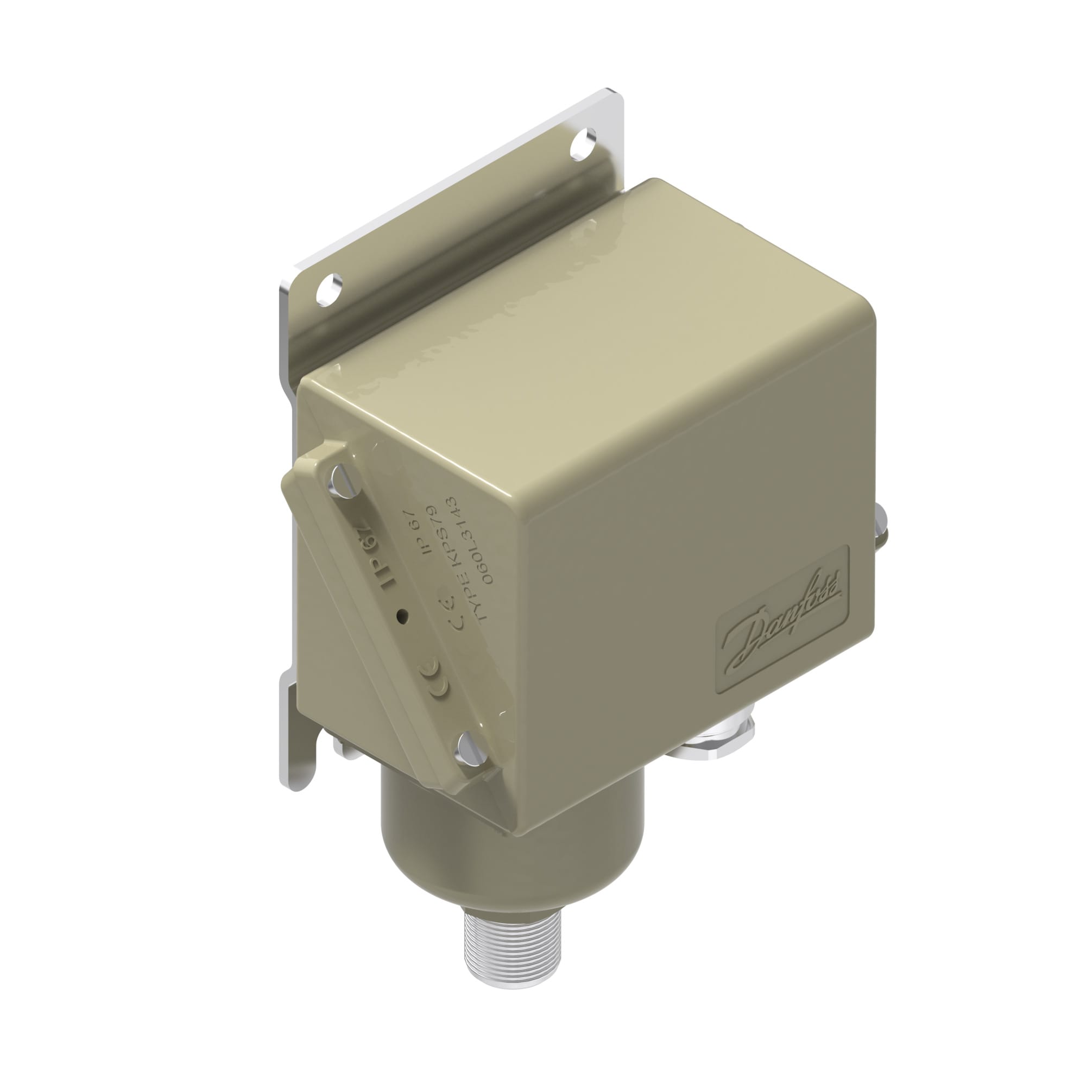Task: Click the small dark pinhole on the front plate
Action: (x=401, y=617)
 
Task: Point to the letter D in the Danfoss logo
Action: (x=742, y=646)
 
